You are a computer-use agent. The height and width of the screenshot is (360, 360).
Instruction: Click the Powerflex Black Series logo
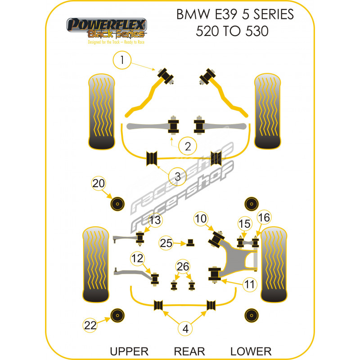coord(106,29)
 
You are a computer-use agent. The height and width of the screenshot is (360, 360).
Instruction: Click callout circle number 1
coord(122,59)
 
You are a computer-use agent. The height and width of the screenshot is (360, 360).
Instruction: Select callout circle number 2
coord(188,146)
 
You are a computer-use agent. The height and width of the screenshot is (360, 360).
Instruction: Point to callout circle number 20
coord(99,183)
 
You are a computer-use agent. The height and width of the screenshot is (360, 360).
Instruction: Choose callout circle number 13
coord(154,220)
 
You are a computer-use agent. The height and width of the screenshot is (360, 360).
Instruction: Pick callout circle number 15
coord(244,223)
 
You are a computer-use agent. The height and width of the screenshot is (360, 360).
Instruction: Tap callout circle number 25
coord(166,243)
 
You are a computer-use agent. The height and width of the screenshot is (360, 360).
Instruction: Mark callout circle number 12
coord(137,258)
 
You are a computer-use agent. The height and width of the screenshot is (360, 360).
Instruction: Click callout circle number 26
coord(183,266)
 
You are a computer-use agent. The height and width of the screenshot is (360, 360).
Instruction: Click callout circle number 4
coord(185,329)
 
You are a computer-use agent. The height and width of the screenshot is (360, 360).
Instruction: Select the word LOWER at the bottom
coord(251,351)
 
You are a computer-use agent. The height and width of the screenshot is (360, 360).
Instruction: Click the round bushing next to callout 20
coord(118,203)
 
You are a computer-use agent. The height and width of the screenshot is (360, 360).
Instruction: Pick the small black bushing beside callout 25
coord(190,243)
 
